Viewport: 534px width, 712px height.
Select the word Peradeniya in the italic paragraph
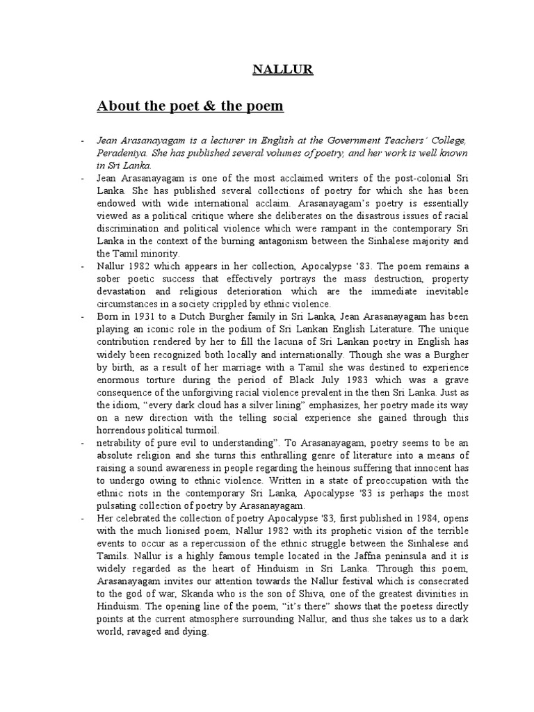pyautogui.click(x=122, y=153)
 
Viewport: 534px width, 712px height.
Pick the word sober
pyautogui.click(x=109, y=278)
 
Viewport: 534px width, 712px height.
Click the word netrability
pyautogui.click(x=121, y=442)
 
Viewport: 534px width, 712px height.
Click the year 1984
pyautogui.click(x=390, y=517)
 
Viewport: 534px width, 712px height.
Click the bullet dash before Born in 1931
pyautogui.click(x=83, y=316)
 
